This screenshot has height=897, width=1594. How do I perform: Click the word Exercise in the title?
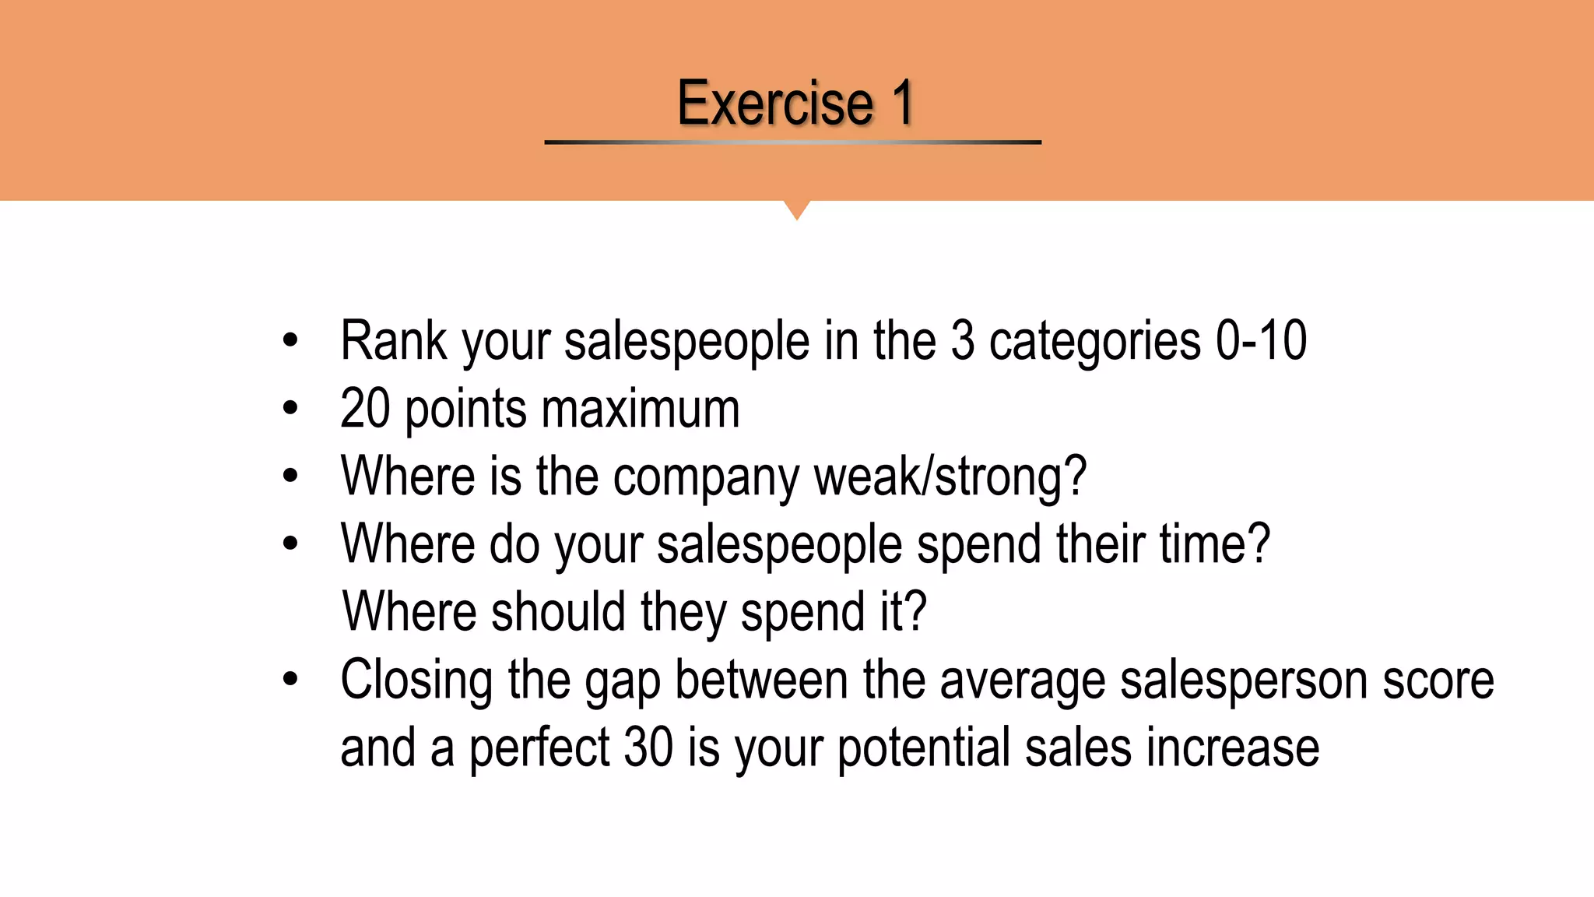click(775, 103)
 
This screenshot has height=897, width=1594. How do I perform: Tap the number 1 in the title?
click(902, 103)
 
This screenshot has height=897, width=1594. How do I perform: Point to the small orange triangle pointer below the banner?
click(796, 209)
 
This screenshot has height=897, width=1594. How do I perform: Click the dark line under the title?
click(792, 142)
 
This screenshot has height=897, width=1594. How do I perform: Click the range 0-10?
click(1261, 341)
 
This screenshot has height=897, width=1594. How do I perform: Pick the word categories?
click(1094, 343)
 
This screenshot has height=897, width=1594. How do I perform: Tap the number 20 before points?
click(365, 409)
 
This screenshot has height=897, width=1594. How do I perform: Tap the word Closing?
click(416, 681)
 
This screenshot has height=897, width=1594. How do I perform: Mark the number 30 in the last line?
click(648, 747)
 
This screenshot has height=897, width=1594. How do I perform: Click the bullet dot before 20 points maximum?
click(290, 408)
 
